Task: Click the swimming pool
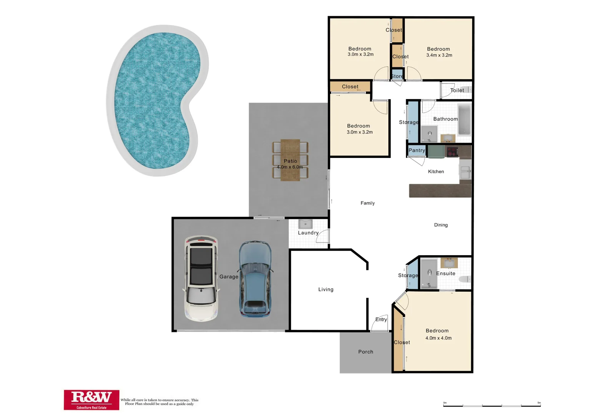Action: pyautogui.click(x=154, y=100)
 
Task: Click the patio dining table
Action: pyautogui.click(x=290, y=159)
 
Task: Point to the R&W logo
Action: pyautogui.click(x=91, y=400)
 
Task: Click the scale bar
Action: pyautogui.click(x=492, y=405)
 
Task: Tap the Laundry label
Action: pyautogui.click(x=308, y=233)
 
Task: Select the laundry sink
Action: pyautogui.click(x=305, y=224)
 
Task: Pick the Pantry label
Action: pyautogui.click(x=417, y=150)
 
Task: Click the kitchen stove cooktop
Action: pyautogui.click(x=452, y=151)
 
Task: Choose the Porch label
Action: pyautogui.click(x=366, y=352)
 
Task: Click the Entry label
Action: pyautogui.click(x=381, y=319)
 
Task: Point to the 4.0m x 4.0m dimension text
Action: pyautogui.click(x=438, y=338)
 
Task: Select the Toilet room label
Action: pyautogui.click(x=457, y=90)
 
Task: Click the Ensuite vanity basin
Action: pyautogui.click(x=449, y=263)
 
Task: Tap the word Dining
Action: pyautogui.click(x=441, y=225)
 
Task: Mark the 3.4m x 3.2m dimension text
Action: pyautogui.click(x=439, y=55)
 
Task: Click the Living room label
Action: pyautogui.click(x=326, y=289)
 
